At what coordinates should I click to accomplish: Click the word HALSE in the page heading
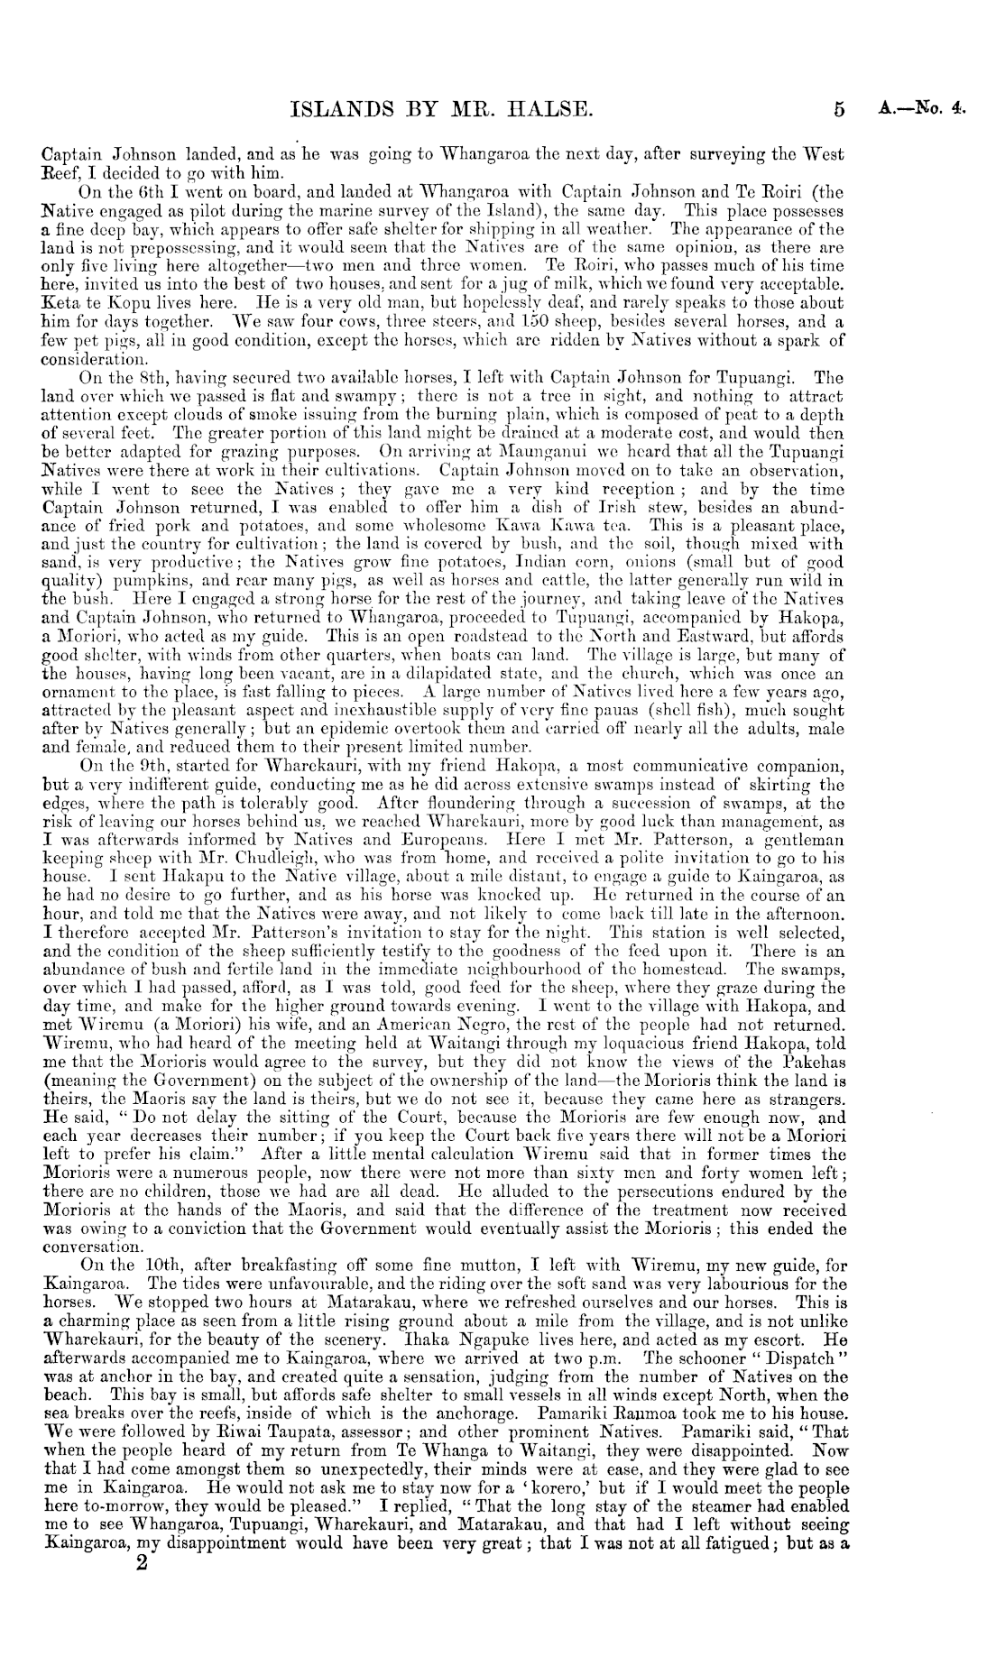click(x=539, y=110)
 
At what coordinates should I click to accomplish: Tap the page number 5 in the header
click(x=840, y=111)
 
